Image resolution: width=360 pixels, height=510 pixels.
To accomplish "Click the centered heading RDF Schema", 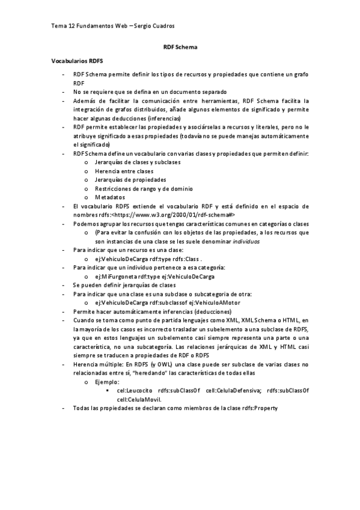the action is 180,46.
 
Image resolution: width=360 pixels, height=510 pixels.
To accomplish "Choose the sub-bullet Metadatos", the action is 110,197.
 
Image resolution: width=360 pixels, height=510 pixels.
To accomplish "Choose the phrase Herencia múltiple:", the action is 99,364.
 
